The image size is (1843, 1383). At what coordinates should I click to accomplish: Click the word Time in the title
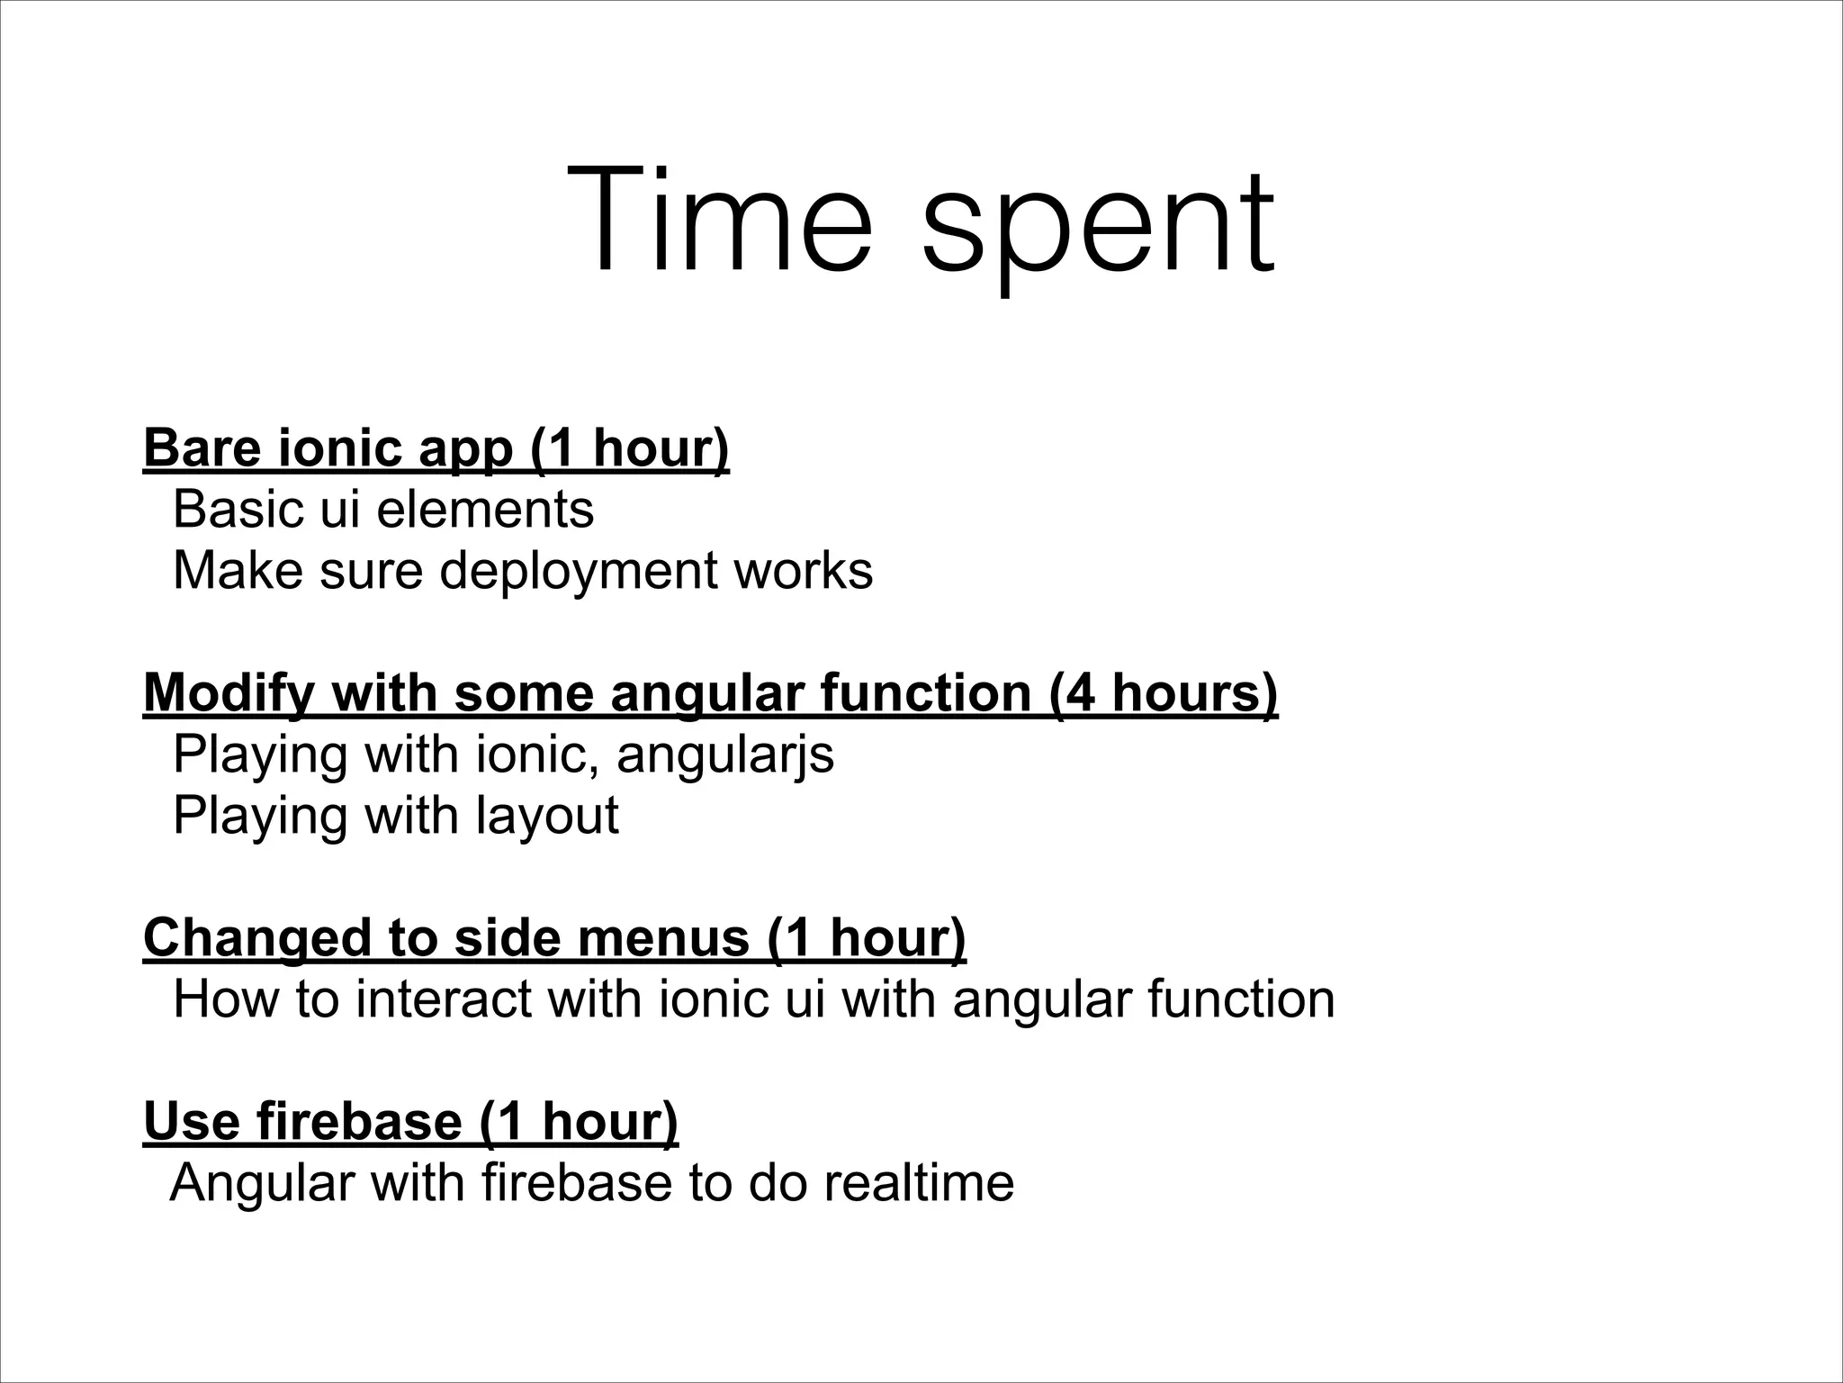pos(720,221)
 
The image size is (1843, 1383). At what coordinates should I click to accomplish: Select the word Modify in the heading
pos(229,693)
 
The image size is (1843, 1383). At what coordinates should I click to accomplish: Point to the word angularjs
pos(725,755)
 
